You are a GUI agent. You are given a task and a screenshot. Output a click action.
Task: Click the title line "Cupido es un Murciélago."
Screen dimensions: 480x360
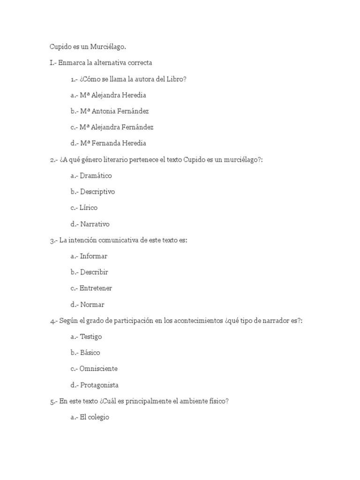tap(88, 47)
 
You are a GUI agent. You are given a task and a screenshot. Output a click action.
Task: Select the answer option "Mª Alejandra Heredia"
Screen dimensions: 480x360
tap(113, 95)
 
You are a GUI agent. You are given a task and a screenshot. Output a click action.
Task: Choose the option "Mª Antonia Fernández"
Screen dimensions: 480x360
tap(114, 111)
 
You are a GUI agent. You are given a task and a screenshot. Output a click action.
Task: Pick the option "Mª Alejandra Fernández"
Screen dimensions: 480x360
tap(117, 127)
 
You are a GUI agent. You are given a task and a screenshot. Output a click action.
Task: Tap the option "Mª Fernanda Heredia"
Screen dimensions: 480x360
tap(113, 143)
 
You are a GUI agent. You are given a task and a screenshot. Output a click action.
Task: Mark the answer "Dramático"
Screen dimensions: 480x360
tap(96, 176)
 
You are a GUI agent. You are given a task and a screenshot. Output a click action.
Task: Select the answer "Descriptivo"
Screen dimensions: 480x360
tap(97, 192)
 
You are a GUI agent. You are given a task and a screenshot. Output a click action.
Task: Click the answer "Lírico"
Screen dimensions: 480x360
tap(89, 208)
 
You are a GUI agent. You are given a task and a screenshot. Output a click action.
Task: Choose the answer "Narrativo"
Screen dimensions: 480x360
tap(95, 224)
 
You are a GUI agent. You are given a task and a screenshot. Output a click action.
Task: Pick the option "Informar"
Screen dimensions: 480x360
tap(94, 256)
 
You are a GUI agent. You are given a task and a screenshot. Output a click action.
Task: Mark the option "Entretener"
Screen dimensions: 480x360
tap(96, 288)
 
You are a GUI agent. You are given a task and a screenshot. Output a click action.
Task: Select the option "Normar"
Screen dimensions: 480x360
tap(92, 304)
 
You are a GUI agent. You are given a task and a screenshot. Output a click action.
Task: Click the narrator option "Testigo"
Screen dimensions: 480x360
tap(91, 337)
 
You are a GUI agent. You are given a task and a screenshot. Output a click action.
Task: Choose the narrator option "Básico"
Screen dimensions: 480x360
tap(90, 352)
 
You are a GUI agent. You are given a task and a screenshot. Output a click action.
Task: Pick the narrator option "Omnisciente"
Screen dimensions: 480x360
tap(98, 368)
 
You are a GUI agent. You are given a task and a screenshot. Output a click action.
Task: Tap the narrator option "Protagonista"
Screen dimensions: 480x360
tap(99, 385)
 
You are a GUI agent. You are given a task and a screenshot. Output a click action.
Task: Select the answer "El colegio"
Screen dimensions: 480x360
tap(95, 417)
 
